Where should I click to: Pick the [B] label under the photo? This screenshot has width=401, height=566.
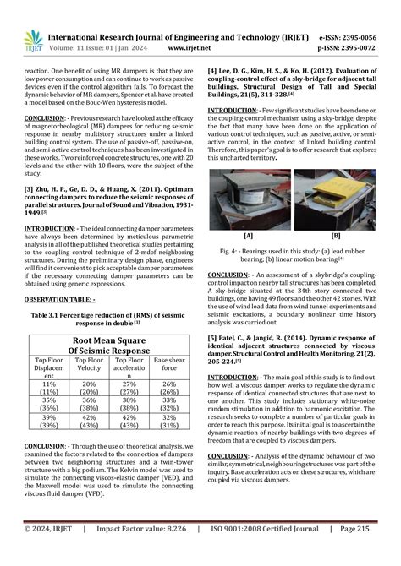coord(336,236)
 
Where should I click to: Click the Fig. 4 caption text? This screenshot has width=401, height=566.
coord(292,253)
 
